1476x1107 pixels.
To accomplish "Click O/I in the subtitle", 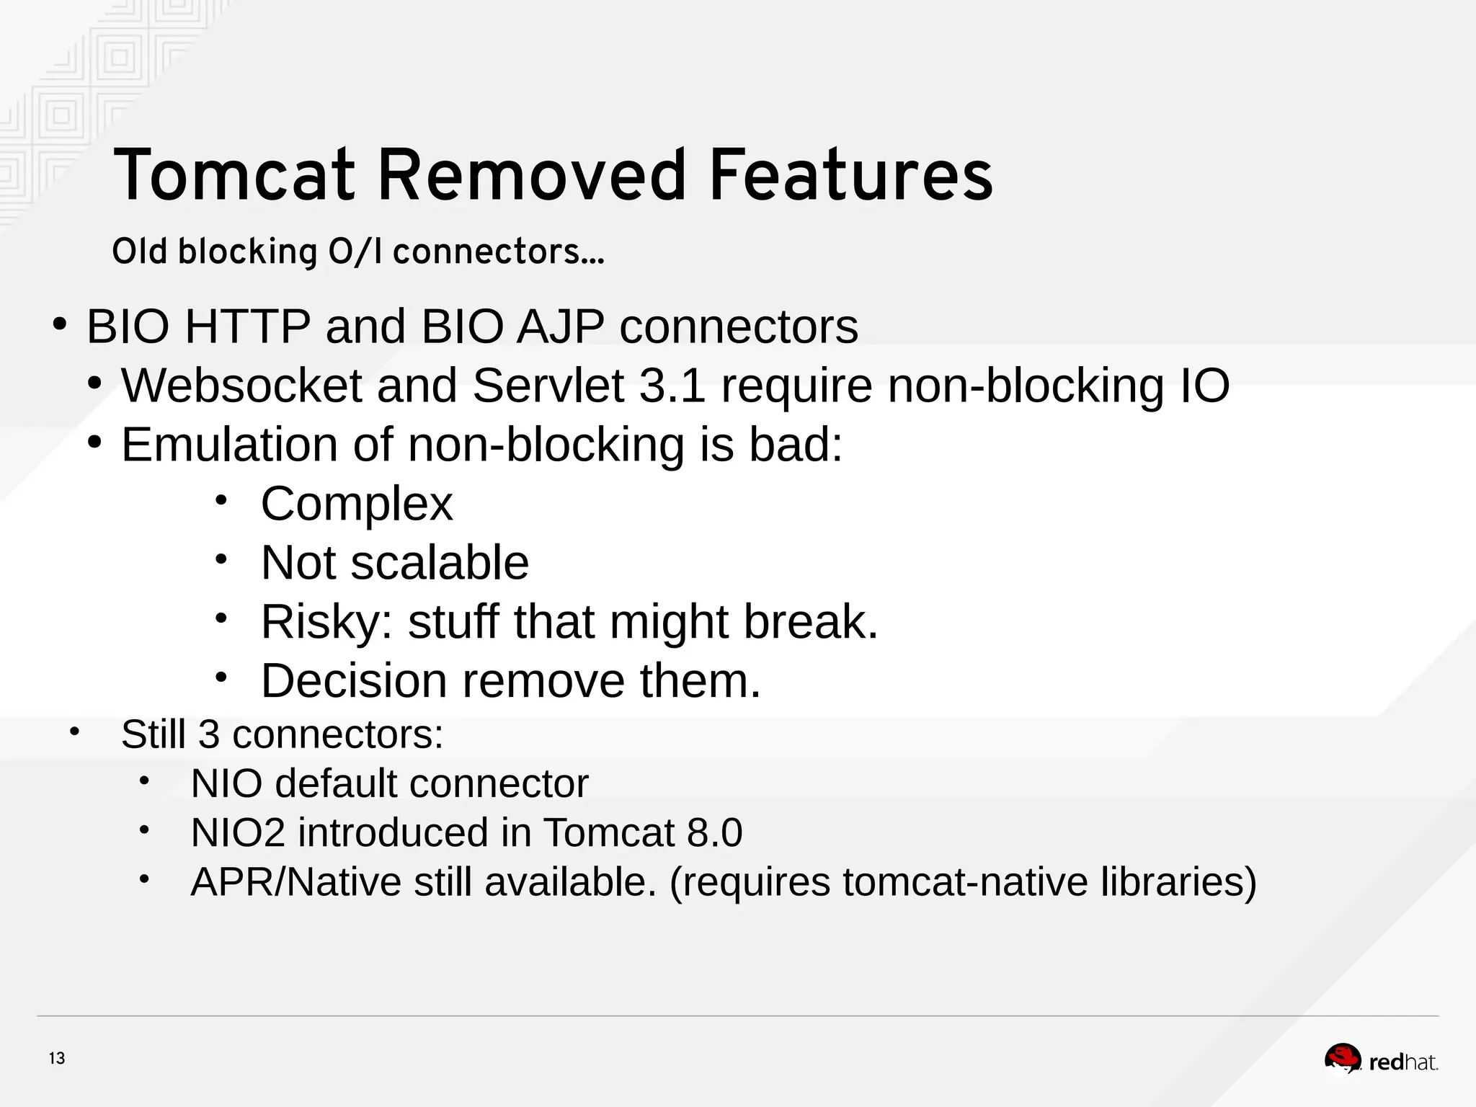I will [x=355, y=252].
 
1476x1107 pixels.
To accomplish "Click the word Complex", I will [x=357, y=504].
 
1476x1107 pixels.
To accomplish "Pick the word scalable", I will [x=440, y=563].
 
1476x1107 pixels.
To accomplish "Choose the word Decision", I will [x=354, y=681].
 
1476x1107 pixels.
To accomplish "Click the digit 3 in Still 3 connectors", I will [x=209, y=734].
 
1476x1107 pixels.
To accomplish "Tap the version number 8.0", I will [x=714, y=833].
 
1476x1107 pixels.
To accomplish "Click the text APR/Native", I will [x=295, y=882].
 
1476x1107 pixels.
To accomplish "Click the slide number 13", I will [x=57, y=1059].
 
